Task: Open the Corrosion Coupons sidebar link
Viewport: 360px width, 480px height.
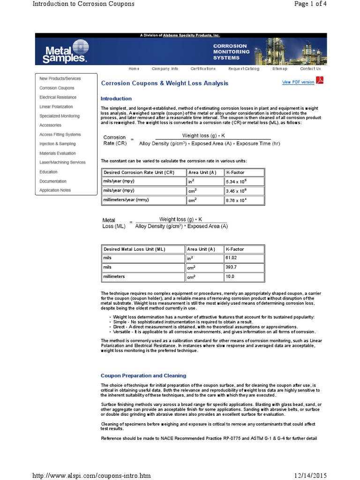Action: point(57,88)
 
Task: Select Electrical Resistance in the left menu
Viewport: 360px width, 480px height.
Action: point(58,97)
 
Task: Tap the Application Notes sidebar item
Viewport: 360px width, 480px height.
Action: point(55,190)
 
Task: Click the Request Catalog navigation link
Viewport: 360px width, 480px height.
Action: point(243,69)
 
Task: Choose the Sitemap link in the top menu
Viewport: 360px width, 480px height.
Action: point(279,69)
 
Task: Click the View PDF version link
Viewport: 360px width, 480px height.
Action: point(298,82)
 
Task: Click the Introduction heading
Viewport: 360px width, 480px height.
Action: point(116,99)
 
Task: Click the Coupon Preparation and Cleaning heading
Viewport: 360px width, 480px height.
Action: point(143,375)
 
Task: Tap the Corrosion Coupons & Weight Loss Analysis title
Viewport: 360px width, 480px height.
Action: point(165,83)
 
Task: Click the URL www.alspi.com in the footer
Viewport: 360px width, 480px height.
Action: point(91,475)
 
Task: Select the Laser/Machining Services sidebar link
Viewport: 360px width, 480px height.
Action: point(62,163)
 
